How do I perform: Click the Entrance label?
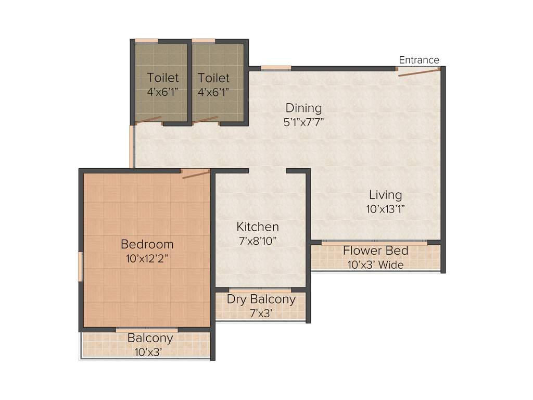(419, 60)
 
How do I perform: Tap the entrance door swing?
(418, 72)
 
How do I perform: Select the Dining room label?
(303, 108)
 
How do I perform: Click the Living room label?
(385, 195)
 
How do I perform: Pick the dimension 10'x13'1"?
(385, 209)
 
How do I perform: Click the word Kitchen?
(258, 227)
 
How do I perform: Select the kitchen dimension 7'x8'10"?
(258, 241)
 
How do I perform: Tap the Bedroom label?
(147, 244)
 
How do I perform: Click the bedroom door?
(196, 174)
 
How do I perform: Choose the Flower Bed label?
(375, 251)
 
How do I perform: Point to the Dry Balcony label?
(261, 299)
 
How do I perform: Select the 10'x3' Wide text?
(375, 265)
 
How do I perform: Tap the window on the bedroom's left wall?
(81, 267)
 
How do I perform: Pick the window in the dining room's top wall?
(276, 68)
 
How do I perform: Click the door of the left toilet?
(149, 120)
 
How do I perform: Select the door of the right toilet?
(205, 120)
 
